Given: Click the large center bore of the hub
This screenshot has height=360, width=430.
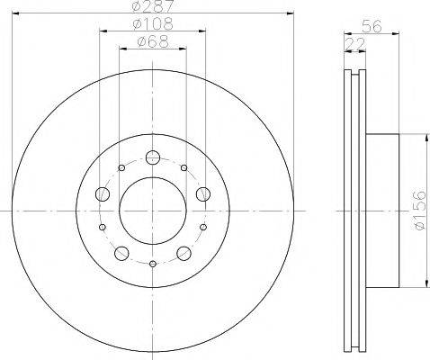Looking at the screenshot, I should [153, 209].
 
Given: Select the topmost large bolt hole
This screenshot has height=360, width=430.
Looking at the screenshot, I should [153, 157].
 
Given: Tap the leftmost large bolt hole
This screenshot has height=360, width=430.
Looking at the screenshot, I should [103, 193].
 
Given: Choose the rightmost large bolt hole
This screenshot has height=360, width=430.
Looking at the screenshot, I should [203, 193].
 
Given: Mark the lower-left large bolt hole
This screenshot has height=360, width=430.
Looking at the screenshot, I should [121, 252].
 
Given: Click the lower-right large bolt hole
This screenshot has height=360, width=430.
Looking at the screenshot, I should [184, 252].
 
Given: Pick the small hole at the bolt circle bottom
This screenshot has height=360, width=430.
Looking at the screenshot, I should [153, 263].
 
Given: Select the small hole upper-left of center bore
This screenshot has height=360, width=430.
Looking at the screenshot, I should [121, 166].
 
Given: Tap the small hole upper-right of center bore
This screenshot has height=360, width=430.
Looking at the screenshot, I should [184, 166].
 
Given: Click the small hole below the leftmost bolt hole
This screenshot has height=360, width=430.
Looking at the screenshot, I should [103, 226].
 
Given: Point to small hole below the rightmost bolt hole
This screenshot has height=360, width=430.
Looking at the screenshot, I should [203, 226].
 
